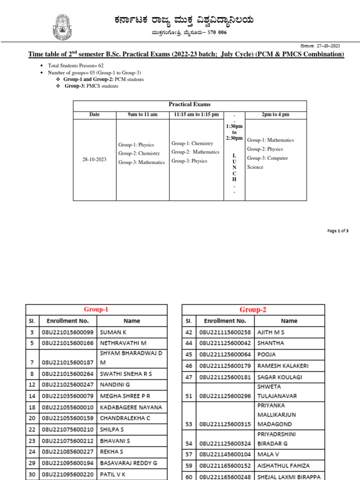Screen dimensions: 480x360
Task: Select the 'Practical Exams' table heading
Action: pyautogui.click(x=189, y=105)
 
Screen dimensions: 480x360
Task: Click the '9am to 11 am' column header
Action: pyautogui.click(x=142, y=115)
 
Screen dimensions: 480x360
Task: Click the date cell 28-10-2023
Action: pyautogui.click(x=94, y=159)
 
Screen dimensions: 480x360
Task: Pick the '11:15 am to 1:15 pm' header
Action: pyautogui.click(x=196, y=115)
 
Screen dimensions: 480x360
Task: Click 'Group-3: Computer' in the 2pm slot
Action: pyautogui.click(x=268, y=158)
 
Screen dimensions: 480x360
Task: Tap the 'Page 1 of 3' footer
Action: pyautogui.click(x=337, y=231)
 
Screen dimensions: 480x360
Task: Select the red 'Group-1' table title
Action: pyautogui.click(x=96, y=309)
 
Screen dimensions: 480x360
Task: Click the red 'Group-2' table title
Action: pyautogui.click(x=253, y=309)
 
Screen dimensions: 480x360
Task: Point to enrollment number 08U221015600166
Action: pyautogui.click(x=68, y=343)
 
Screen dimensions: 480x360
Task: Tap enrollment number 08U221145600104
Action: pyautogui.click(x=225, y=455)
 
